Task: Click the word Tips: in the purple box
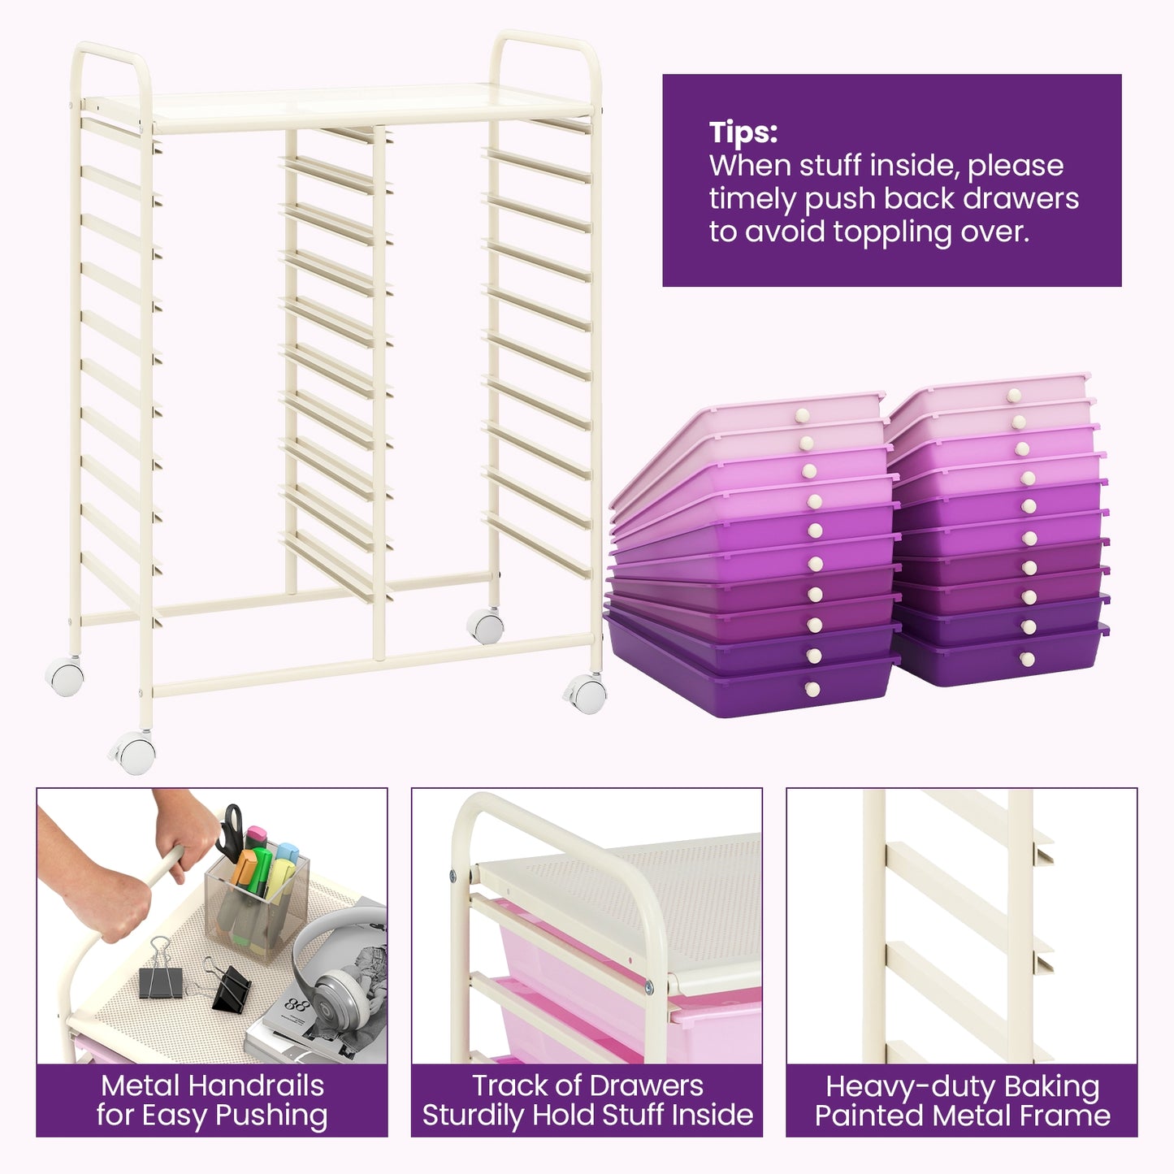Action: click(743, 132)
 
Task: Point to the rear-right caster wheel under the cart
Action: click(486, 626)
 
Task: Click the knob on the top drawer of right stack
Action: click(1013, 395)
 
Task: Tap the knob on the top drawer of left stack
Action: click(802, 415)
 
